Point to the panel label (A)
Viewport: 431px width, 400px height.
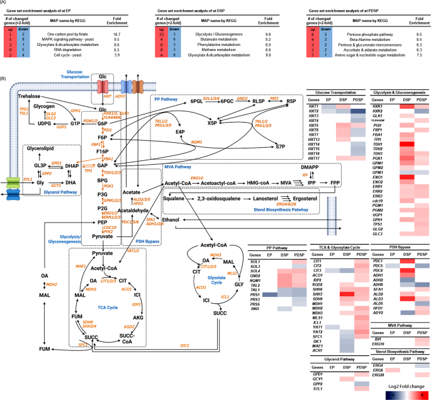[x=6, y=4]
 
